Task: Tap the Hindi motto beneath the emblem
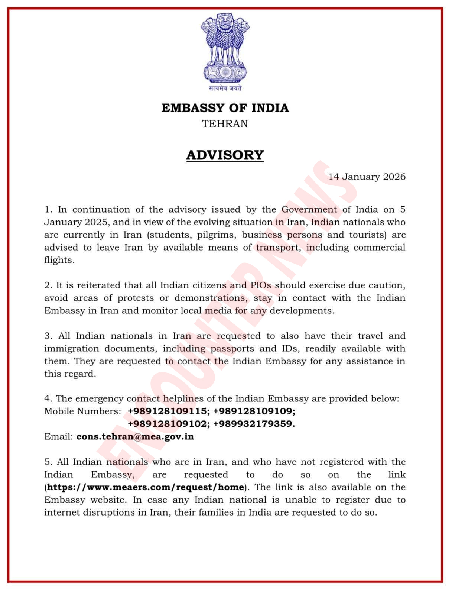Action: point(225,88)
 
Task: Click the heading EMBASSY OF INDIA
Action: point(225,108)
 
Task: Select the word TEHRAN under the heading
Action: point(225,123)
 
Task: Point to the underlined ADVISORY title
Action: point(225,155)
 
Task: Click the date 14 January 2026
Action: point(367,177)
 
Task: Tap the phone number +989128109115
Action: point(167,411)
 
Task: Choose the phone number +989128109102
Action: point(167,424)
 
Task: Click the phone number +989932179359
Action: point(254,424)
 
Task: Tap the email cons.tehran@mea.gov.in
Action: point(135,436)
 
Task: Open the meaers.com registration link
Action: point(146,487)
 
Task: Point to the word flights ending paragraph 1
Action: point(59,260)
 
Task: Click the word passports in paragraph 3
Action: point(232,348)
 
